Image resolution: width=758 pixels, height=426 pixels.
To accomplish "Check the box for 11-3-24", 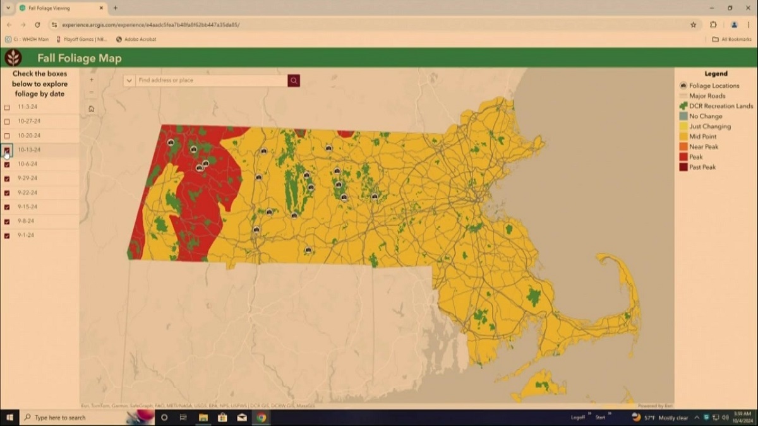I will click(x=7, y=107).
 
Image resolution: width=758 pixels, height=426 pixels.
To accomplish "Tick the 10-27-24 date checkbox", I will click(x=7, y=121).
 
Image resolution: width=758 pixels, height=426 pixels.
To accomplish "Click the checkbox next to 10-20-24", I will click(x=7, y=136).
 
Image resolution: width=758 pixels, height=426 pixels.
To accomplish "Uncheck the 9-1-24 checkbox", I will click(x=7, y=236).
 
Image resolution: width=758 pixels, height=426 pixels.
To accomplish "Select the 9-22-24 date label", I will click(x=28, y=192).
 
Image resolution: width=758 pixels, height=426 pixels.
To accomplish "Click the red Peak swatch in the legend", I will click(x=683, y=157).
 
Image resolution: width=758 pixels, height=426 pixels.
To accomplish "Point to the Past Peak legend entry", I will click(x=702, y=167).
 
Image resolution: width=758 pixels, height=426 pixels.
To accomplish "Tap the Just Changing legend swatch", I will click(x=683, y=126).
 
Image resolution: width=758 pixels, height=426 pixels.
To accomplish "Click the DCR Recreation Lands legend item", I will click(x=721, y=106).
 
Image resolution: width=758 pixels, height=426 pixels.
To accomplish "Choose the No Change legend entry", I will click(x=705, y=116).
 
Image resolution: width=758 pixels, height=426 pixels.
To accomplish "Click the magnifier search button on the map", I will click(x=294, y=81).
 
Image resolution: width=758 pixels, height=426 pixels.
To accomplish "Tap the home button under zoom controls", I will click(x=92, y=109).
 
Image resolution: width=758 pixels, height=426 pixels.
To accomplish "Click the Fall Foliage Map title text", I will click(x=80, y=58).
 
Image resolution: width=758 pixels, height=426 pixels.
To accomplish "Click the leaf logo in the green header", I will click(x=13, y=58).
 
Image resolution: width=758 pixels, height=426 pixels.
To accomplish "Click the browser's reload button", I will click(x=37, y=25).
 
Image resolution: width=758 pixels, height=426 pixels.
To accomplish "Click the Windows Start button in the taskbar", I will click(x=10, y=417).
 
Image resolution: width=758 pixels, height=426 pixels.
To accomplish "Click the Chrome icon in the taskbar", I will click(x=261, y=417).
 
